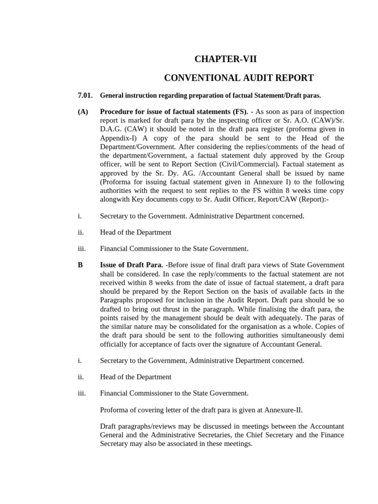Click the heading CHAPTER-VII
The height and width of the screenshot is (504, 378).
click(x=225, y=60)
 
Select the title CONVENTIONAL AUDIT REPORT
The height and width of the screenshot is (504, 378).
click(x=238, y=78)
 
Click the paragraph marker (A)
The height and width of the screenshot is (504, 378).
click(x=83, y=112)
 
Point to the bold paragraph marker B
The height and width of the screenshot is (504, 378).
click(x=80, y=265)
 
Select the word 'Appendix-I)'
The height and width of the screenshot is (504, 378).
click(x=118, y=138)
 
